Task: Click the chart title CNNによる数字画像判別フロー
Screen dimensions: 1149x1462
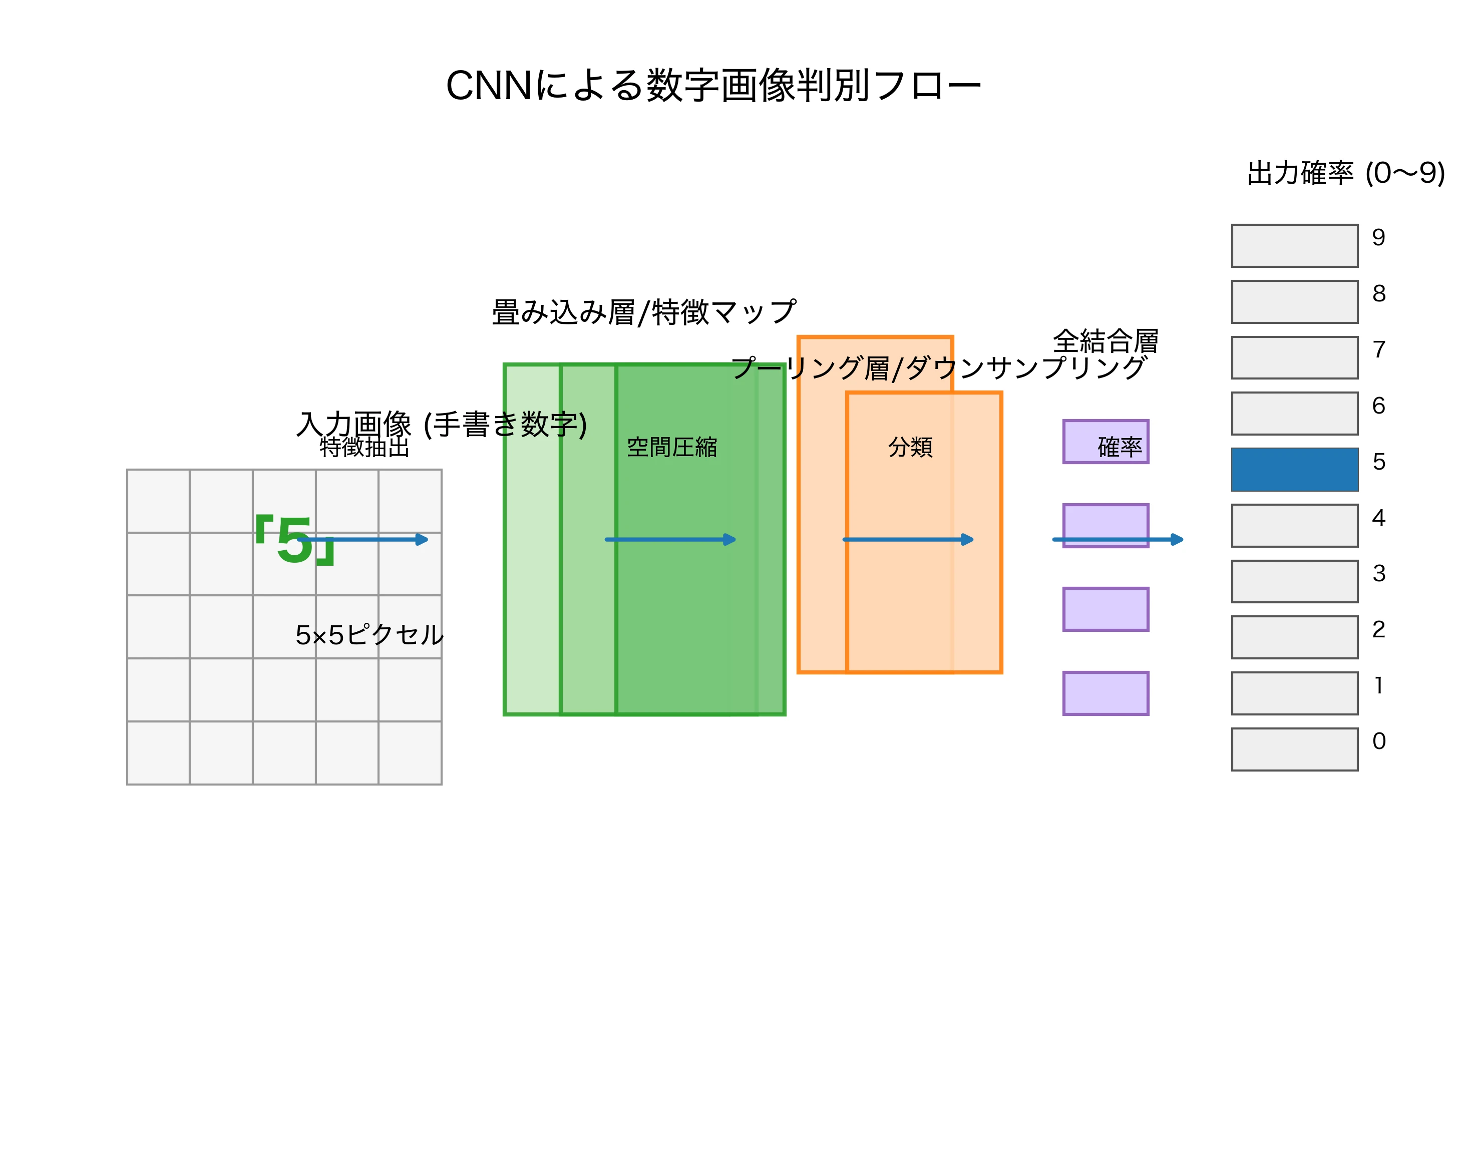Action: pos(713,86)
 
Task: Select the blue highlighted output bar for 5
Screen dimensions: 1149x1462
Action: pos(1294,469)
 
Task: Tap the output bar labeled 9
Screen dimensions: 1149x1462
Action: pos(1294,245)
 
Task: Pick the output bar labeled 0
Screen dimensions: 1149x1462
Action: pos(1294,749)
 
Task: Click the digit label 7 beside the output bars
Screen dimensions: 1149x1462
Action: pos(1378,350)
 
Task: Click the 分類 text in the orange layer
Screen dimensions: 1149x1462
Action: pos(910,447)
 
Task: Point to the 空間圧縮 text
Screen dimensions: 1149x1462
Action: pos(671,447)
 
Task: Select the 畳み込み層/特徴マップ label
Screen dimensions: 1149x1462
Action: pos(644,312)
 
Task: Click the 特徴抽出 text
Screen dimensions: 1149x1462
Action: pos(364,447)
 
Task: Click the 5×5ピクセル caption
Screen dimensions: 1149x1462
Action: pos(369,635)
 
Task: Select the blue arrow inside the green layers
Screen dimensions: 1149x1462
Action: pos(670,540)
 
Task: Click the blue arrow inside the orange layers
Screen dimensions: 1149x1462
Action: pos(908,540)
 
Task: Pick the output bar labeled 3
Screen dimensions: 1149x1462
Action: pos(1294,581)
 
